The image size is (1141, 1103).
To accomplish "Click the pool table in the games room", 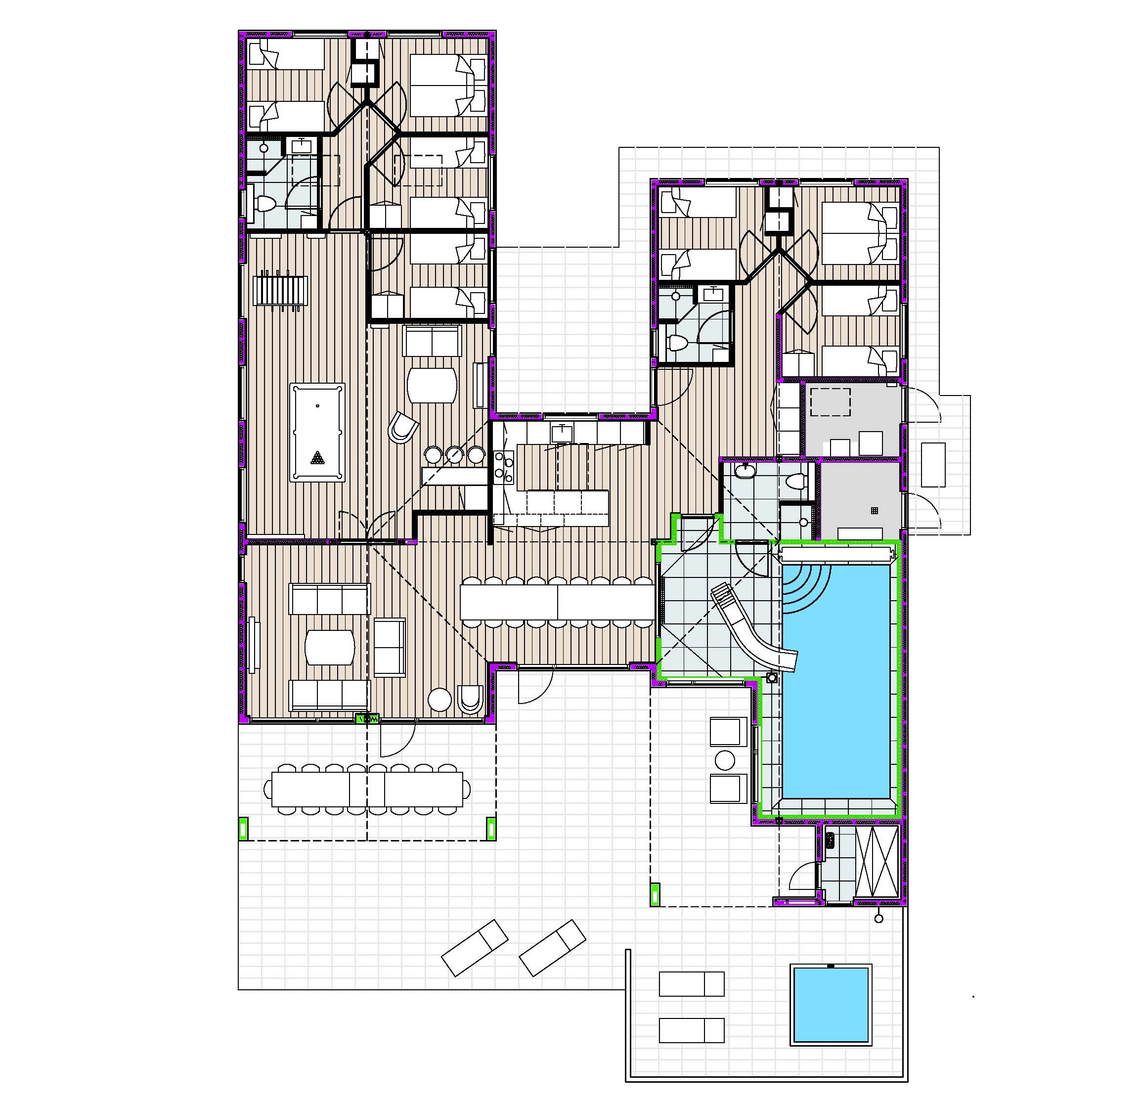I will pyautogui.click(x=317, y=432).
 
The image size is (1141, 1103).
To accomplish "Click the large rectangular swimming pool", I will pyautogui.click(x=836, y=699).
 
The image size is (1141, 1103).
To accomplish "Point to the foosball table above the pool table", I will pyautogui.click(x=281, y=290).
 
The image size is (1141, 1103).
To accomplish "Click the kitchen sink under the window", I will pyautogui.click(x=562, y=433).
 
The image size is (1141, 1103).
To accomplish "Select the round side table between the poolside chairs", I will pyautogui.click(x=725, y=759).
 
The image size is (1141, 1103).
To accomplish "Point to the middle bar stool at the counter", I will pyautogui.click(x=455, y=453).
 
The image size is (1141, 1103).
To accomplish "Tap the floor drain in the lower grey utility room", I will pyautogui.click(x=874, y=510).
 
